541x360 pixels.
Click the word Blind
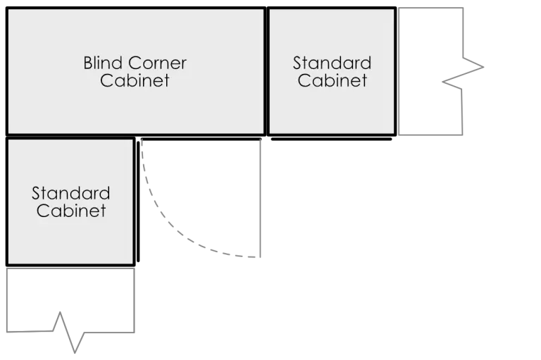(104, 63)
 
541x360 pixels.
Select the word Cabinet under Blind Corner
(135, 80)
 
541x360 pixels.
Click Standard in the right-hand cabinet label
(332, 63)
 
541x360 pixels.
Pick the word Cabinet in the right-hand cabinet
(332, 80)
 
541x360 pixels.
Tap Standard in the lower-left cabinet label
(70, 193)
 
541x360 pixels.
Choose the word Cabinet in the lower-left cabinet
(70, 210)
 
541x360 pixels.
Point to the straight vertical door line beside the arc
(262, 197)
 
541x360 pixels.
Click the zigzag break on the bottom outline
(69, 331)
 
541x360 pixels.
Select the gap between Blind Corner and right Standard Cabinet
(266, 70)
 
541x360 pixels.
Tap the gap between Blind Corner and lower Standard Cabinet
(70, 136)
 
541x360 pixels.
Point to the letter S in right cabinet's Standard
(297, 63)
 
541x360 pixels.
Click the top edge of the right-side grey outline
(432, 8)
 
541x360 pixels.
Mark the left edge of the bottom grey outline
(8, 299)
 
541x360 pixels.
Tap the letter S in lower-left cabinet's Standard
(36, 193)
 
